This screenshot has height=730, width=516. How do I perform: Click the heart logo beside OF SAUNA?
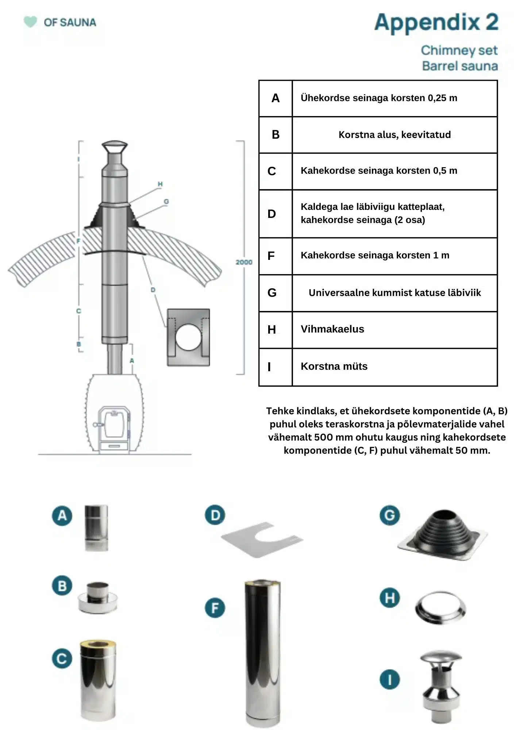30,22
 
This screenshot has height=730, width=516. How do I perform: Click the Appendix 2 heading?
436,23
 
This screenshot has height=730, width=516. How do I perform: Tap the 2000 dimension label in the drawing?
244,262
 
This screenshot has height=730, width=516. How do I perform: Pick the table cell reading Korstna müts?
395,367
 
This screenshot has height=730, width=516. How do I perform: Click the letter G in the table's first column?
272,293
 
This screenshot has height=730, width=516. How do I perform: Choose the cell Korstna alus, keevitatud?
395,135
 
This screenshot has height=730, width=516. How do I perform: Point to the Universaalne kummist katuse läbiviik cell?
395,293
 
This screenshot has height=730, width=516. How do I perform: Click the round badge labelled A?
62,515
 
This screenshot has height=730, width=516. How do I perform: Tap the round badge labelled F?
215,608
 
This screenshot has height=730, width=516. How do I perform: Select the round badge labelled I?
390,679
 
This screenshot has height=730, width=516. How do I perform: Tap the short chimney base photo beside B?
98,598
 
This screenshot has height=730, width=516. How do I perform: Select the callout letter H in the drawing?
160,184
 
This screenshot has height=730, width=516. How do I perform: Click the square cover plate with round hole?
188,337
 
